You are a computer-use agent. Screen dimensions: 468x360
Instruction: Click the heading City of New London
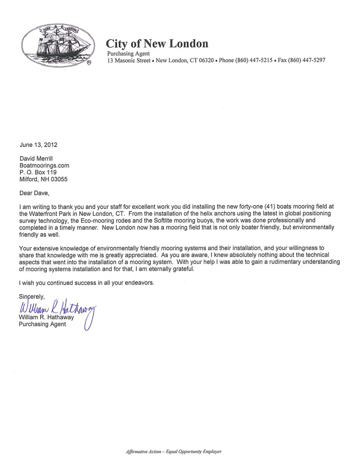click(x=157, y=44)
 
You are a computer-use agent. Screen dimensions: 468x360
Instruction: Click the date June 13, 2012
click(x=39, y=145)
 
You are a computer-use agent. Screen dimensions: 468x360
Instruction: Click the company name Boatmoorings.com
click(x=44, y=165)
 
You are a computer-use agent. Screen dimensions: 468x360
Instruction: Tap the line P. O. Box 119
click(x=37, y=172)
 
